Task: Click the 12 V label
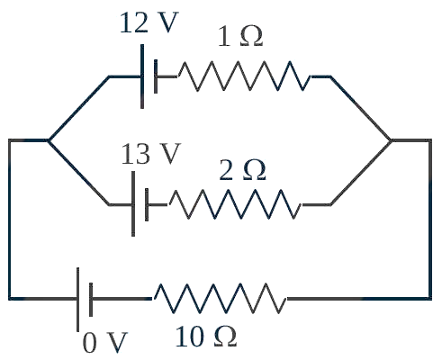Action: point(149,22)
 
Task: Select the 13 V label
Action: point(151,154)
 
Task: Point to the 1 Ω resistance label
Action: point(240,36)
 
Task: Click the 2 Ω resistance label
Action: point(243,170)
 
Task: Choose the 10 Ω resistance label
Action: point(206,337)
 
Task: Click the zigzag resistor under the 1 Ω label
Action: point(245,76)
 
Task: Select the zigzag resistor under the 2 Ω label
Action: point(236,204)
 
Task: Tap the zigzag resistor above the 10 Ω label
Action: point(221,298)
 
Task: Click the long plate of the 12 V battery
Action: point(142,76)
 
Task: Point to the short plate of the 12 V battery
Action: point(156,76)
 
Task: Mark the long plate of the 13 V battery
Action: point(133,204)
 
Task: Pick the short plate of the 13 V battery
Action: point(147,205)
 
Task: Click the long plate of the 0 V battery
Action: point(78,300)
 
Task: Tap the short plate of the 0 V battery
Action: point(91,300)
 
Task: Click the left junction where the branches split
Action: point(49,140)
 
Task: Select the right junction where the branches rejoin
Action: point(391,140)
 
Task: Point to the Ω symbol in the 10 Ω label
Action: point(226,337)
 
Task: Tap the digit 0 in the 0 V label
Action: point(90,343)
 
